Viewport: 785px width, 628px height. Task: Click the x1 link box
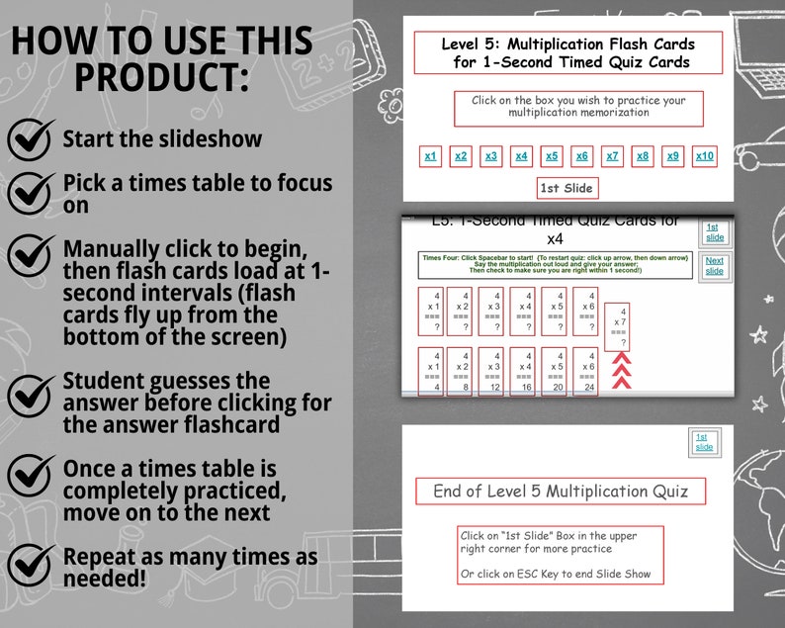pos(430,156)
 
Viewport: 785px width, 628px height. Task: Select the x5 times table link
pos(552,156)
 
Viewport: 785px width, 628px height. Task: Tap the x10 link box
pos(704,156)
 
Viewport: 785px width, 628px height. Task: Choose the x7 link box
pos(612,156)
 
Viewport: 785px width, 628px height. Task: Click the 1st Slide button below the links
pos(567,188)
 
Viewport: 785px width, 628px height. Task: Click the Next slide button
pos(714,266)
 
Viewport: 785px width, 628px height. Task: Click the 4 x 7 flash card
pos(620,326)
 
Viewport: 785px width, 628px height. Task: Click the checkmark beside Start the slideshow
pos(31,139)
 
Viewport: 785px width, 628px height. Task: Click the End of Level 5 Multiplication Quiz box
pos(567,492)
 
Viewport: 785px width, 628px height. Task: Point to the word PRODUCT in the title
pos(161,76)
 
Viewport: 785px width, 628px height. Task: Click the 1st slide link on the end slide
pos(703,442)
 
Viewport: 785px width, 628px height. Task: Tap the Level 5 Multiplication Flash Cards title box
pos(567,52)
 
